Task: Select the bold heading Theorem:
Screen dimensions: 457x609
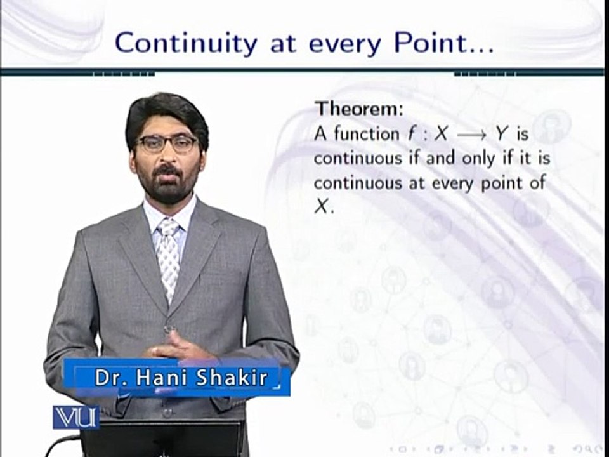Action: (x=359, y=109)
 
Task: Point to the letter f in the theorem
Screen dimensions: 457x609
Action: (x=412, y=134)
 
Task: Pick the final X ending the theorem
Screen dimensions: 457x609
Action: (x=322, y=208)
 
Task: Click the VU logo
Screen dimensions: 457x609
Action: (x=75, y=417)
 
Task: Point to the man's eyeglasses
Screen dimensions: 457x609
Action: (x=167, y=143)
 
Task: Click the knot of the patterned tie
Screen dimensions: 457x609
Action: (x=168, y=228)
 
